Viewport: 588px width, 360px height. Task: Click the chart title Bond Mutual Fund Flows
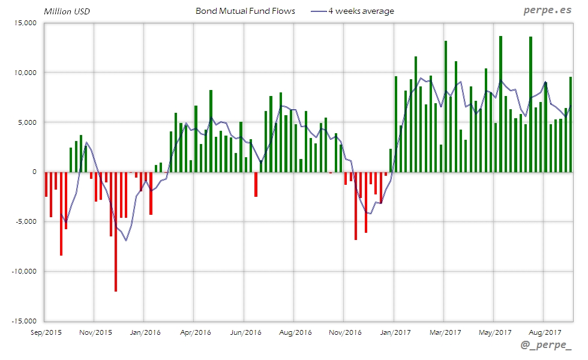245,11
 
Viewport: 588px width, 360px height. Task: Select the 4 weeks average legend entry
361,11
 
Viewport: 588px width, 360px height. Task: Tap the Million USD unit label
67,11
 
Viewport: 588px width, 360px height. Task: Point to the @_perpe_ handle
546,346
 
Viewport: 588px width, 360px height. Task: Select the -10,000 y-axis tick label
25,271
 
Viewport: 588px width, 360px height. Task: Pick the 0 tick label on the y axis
34,172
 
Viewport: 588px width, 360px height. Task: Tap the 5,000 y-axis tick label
27,122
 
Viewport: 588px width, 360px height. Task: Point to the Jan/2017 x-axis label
394,331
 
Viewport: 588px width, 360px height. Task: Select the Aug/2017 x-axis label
544,331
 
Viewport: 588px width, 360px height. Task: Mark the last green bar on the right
571,124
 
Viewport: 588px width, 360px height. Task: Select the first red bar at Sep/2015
46,184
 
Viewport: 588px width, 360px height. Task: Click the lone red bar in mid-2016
256,184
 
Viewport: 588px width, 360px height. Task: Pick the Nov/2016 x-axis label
345,331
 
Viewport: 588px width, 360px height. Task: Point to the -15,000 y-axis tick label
25,321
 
